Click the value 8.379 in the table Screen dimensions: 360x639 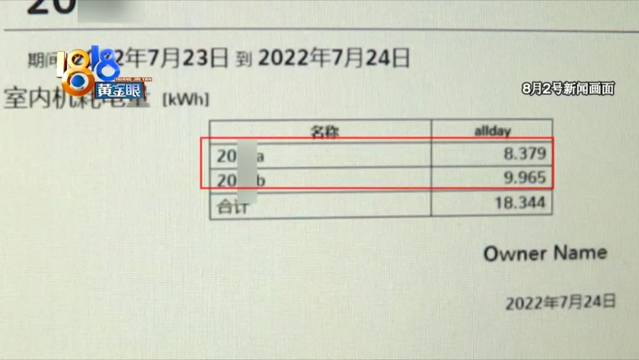click(525, 155)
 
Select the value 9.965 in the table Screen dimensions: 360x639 click(525, 178)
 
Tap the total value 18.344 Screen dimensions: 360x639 click(523, 204)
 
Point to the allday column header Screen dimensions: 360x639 click(492, 130)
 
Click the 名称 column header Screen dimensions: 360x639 click(324, 131)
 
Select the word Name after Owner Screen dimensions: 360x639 click(581, 252)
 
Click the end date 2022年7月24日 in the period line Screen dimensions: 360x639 click(334, 58)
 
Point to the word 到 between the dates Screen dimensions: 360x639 click(244, 59)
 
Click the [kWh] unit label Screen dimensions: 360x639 click(185, 99)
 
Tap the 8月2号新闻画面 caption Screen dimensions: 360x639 click(568, 89)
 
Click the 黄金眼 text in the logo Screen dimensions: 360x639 click(112, 91)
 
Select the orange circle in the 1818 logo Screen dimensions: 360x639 click(77, 83)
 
